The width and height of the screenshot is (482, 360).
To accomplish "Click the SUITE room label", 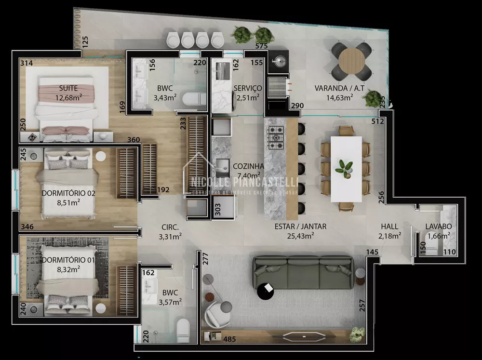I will (68, 88).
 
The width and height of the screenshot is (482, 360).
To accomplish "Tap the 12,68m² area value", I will (68, 98).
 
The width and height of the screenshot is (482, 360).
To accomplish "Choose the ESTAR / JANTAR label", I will (300, 226).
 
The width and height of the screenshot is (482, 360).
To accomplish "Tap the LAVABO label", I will (438, 227).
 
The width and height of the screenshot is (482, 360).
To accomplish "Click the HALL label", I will (389, 226).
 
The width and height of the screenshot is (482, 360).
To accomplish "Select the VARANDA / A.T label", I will (333, 88).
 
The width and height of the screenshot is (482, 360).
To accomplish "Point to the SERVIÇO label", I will (247, 88).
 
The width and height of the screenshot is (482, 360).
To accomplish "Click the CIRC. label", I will (170, 227).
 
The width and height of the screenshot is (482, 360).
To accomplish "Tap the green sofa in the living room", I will (304, 273).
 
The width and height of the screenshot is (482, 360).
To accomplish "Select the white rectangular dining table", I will (346, 169).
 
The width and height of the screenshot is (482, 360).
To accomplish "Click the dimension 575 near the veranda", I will (261, 46).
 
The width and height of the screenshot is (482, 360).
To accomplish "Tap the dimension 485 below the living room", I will (230, 339).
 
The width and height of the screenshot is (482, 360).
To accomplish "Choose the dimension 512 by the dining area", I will (377, 121).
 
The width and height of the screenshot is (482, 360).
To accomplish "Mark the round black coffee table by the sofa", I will (266, 291).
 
